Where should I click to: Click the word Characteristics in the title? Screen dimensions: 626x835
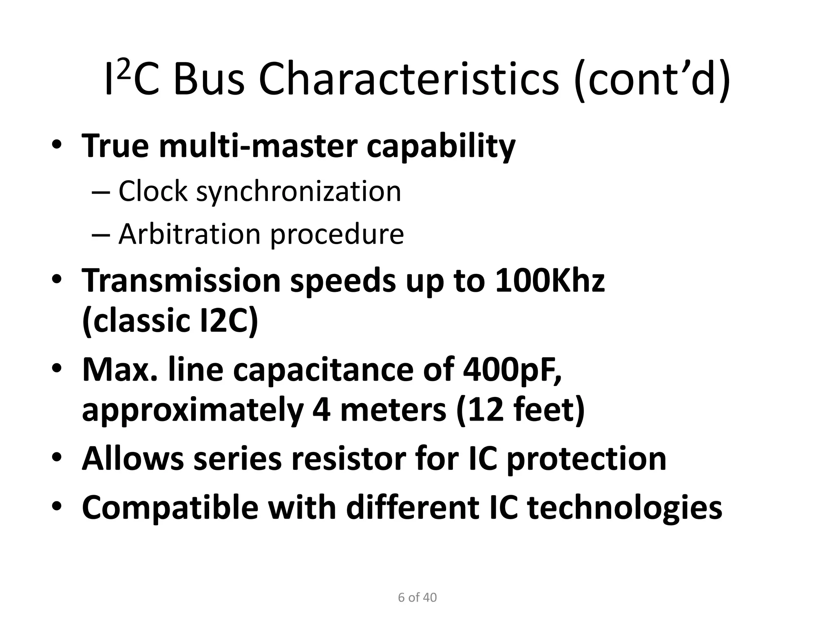(408, 79)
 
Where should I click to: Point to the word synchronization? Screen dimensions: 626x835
(299, 192)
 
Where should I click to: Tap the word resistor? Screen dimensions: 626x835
(348, 458)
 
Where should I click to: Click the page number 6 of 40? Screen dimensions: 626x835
(417, 597)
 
